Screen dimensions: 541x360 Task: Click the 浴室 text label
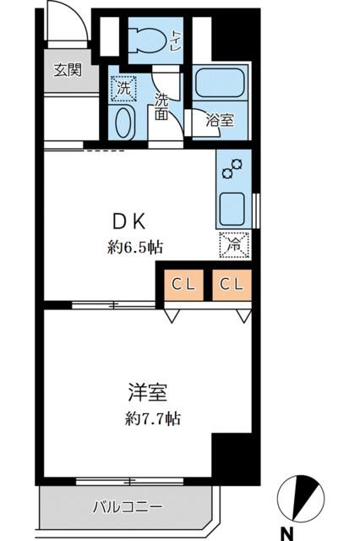coord(220,120)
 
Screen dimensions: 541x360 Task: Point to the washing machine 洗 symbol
coord(124,86)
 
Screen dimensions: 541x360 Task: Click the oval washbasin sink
coord(124,123)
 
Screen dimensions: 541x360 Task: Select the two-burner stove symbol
coord(232,168)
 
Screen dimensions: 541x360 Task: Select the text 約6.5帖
coord(135,248)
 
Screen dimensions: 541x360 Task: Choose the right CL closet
coord(232,285)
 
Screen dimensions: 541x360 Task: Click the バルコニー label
coord(127,507)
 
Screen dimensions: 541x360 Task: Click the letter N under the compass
coord(288,533)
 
